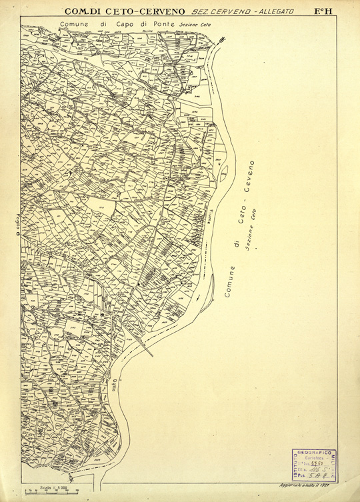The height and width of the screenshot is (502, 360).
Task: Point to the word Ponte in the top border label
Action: [163, 24]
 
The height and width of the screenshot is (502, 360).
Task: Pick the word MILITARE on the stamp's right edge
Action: [335, 463]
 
